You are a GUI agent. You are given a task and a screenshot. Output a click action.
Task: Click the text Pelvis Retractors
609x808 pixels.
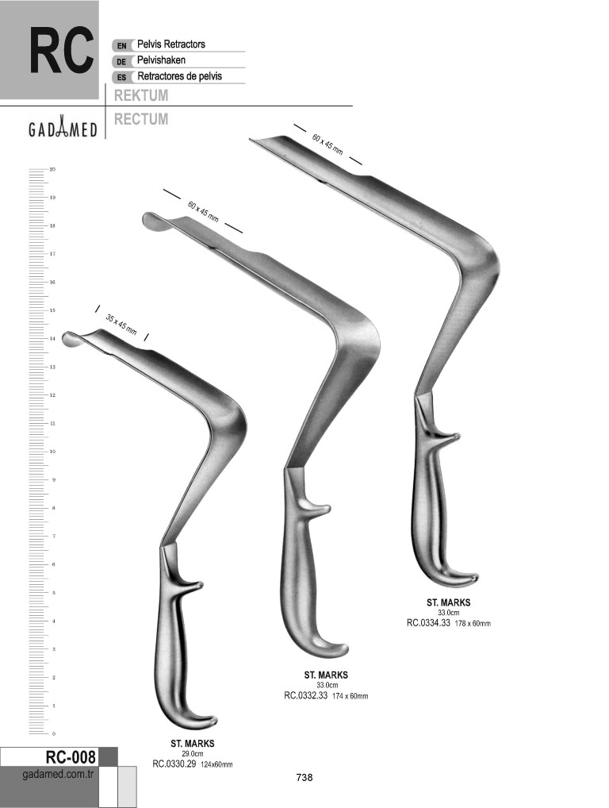(x=171, y=44)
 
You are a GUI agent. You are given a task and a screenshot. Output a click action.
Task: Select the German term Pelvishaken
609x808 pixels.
(x=161, y=60)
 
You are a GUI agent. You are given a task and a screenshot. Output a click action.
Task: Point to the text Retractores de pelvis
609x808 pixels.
(x=180, y=76)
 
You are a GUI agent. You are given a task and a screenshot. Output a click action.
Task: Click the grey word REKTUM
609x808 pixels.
(x=141, y=95)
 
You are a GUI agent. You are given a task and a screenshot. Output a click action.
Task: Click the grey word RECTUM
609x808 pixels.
(x=141, y=119)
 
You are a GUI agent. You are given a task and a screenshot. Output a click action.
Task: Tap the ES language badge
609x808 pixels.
(x=122, y=78)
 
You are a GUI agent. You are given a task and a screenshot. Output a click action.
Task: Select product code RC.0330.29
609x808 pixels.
(x=174, y=764)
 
